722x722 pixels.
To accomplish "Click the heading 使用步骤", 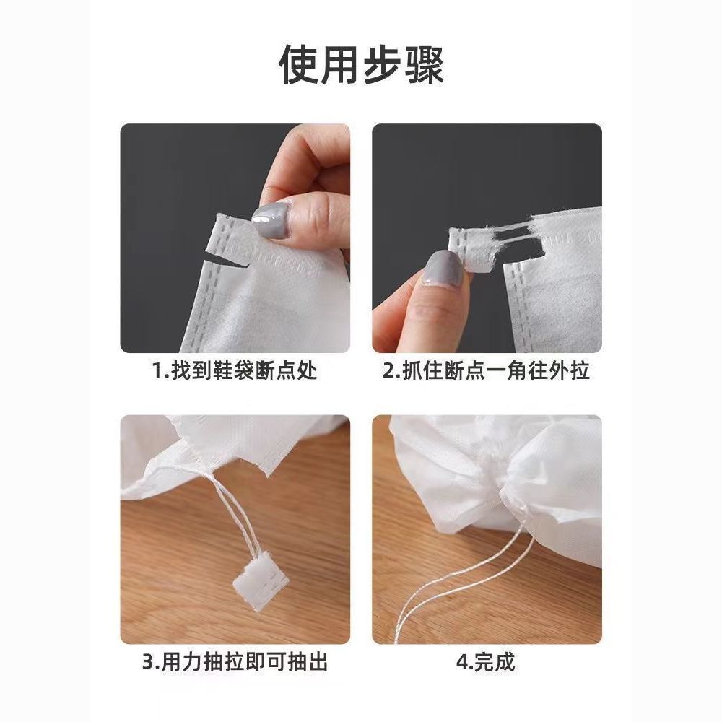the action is pyautogui.click(x=362, y=64).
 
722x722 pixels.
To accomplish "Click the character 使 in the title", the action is pyautogui.click(x=300, y=64).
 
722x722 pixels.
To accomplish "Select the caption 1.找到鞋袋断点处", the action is pyautogui.click(x=235, y=370).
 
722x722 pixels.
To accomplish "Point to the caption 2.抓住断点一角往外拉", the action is pyautogui.click(x=486, y=370).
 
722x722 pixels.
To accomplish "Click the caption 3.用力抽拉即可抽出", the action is pyautogui.click(x=235, y=662).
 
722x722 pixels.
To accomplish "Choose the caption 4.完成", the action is pyautogui.click(x=486, y=662).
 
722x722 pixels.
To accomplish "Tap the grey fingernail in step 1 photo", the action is pyautogui.click(x=271, y=220).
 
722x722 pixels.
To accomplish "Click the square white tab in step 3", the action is pyautogui.click(x=261, y=581).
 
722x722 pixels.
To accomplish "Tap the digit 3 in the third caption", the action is pyautogui.click(x=148, y=663).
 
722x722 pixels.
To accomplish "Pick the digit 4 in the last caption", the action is pyautogui.click(x=463, y=663).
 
